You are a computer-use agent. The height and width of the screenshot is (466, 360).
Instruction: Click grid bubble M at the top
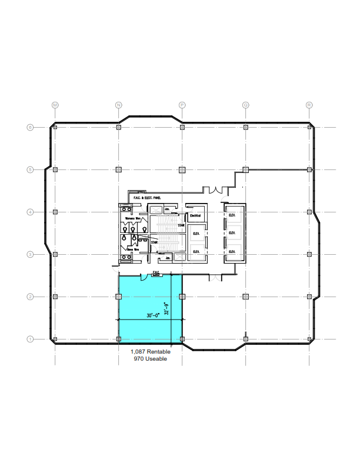pyautogui.click(x=55, y=105)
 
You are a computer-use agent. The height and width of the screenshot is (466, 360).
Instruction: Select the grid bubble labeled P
pyautogui.click(x=182, y=105)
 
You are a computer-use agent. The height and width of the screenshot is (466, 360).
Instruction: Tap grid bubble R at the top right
pyautogui.click(x=309, y=105)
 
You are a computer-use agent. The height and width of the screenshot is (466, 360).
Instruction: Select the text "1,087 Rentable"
pyautogui.click(x=151, y=352)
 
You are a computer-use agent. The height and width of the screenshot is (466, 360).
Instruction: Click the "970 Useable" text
pyautogui.click(x=150, y=359)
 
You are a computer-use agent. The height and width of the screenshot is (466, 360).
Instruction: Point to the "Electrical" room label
pyautogui.click(x=195, y=216)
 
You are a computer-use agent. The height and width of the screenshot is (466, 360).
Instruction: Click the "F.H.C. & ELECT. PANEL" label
pyautogui.click(x=147, y=198)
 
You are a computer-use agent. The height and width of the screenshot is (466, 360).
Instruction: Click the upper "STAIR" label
pyautogui.click(x=181, y=225)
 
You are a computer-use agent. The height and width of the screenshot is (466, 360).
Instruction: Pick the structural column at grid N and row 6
pyautogui.click(x=119, y=127)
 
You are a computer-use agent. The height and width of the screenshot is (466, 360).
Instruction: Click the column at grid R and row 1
pyautogui.click(x=309, y=339)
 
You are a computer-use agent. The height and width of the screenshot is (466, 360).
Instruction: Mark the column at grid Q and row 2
pyautogui.click(x=245, y=297)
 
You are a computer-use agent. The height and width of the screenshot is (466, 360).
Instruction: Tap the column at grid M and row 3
pyautogui.click(x=55, y=254)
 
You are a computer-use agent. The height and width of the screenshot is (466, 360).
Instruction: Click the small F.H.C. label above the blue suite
pyautogui.click(x=156, y=272)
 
